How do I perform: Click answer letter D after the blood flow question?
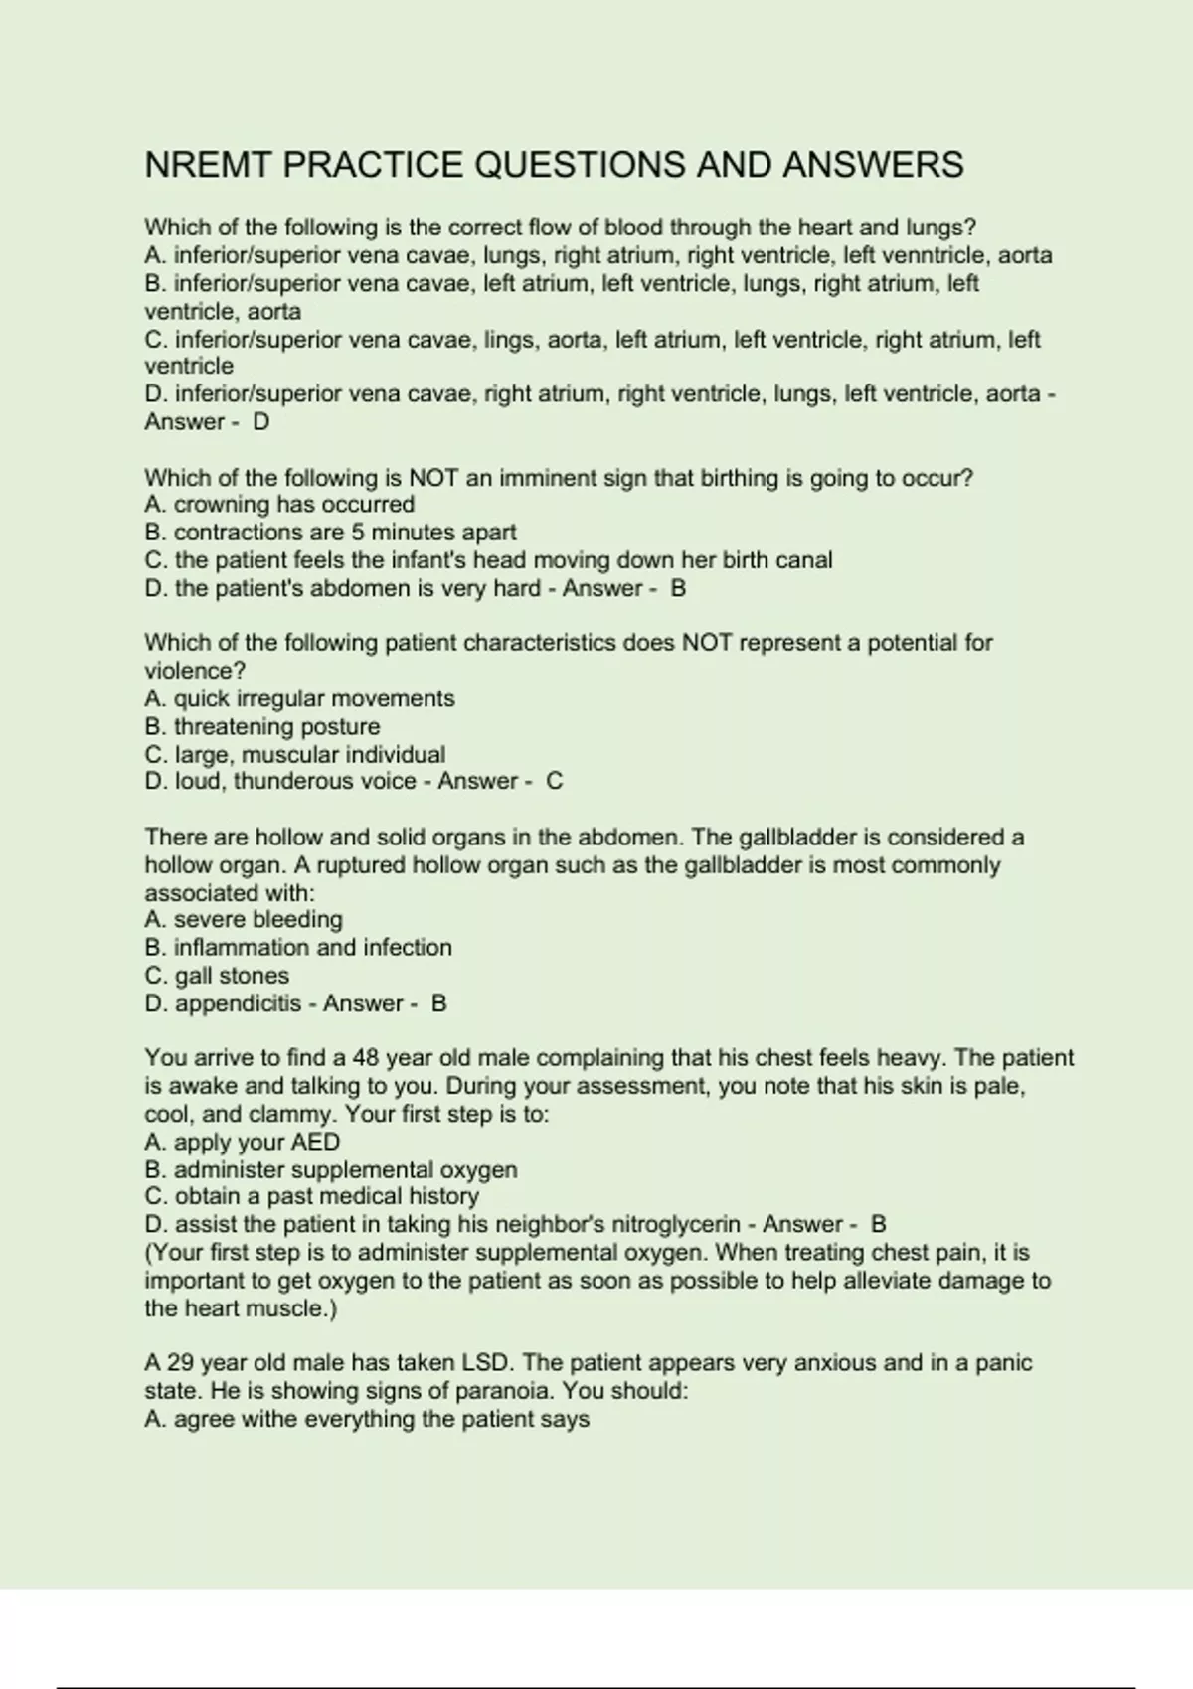tap(260, 422)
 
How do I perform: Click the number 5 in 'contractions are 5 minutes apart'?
tap(358, 533)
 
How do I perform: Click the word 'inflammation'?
tap(242, 948)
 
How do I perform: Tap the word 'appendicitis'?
tap(238, 1004)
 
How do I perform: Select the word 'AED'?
tap(315, 1143)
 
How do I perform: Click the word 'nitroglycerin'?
tap(676, 1225)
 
